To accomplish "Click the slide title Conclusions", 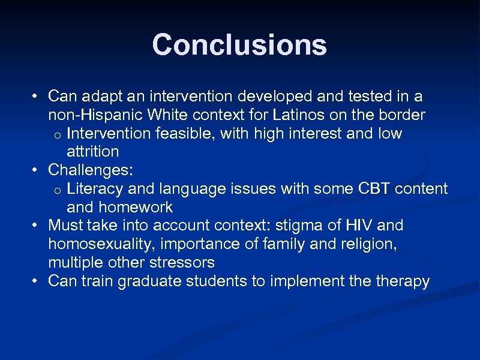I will [239, 45].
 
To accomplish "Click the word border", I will [406, 115].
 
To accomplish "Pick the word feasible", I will [185, 133].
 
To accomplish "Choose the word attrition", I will [92, 152].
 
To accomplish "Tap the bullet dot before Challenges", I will [37, 170].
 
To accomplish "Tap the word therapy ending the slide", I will [402, 281].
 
